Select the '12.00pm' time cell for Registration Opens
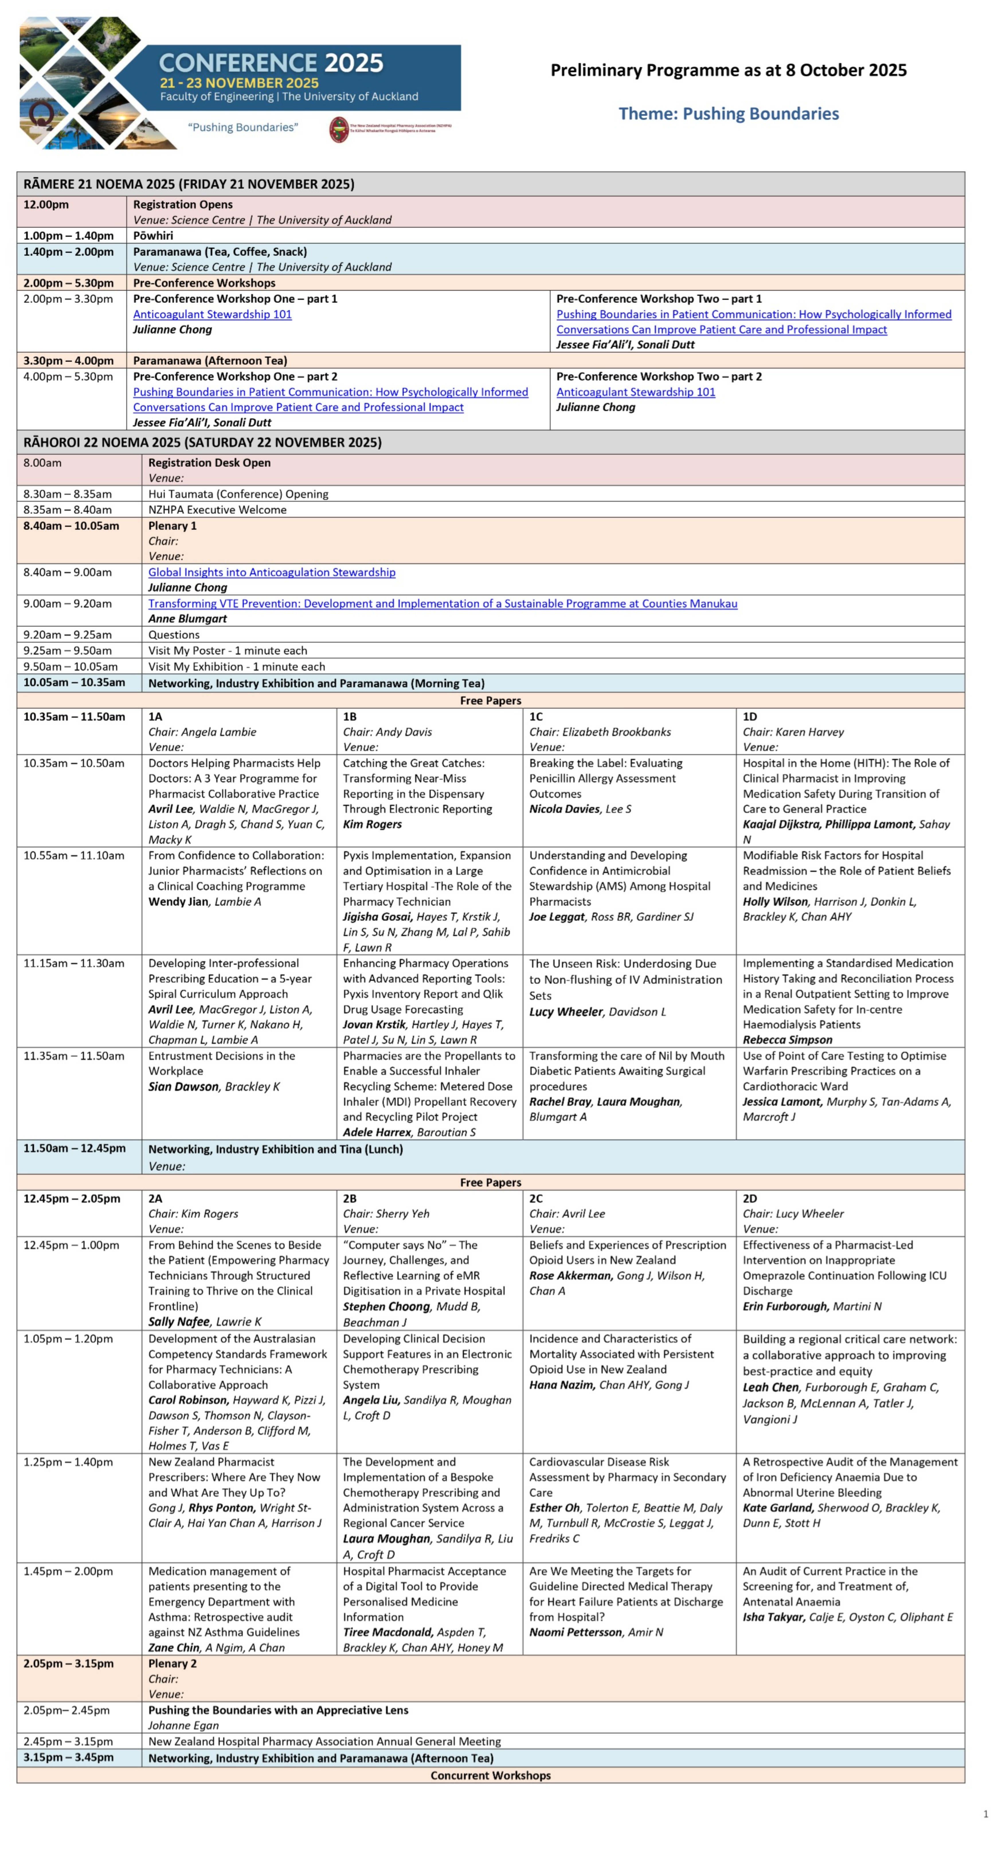46,205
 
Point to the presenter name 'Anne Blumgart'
187,619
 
